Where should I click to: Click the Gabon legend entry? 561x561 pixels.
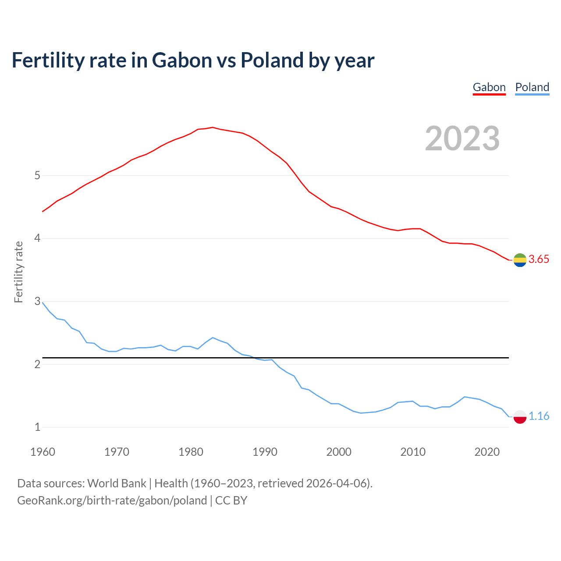pyautogui.click(x=489, y=87)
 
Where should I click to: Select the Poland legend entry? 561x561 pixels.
pyautogui.click(x=532, y=87)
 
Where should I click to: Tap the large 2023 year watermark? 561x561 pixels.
pyautogui.click(x=462, y=138)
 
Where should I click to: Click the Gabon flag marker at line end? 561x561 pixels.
pyautogui.click(x=520, y=260)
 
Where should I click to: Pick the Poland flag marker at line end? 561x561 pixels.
pyautogui.click(x=520, y=416)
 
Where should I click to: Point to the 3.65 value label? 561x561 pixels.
pyautogui.click(x=539, y=259)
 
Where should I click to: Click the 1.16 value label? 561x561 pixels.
pyautogui.click(x=539, y=416)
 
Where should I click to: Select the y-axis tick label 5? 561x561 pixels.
pyautogui.click(x=37, y=176)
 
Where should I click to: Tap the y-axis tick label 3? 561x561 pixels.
pyautogui.click(x=37, y=302)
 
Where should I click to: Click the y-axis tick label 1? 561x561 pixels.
pyautogui.click(x=37, y=427)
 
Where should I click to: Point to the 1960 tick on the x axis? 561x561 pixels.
pyautogui.click(x=43, y=452)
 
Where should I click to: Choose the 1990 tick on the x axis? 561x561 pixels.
pyautogui.click(x=265, y=452)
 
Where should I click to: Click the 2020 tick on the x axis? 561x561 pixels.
pyautogui.click(x=487, y=452)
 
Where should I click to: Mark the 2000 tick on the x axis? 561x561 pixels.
pyautogui.click(x=339, y=452)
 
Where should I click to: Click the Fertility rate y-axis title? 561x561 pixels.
pyautogui.click(x=18, y=272)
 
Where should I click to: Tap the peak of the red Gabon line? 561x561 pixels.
pyautogui.click(x=213, y=128)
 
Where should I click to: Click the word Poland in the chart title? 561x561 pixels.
pyautogui.click(x=272, y=60)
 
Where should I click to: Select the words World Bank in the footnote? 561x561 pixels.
pyautogui.click(x=117, y=483)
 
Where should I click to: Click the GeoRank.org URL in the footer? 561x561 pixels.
pyautogui.click(x=112, y=501)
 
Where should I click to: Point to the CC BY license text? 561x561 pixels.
pyautogui.click(x=231, y=501)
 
